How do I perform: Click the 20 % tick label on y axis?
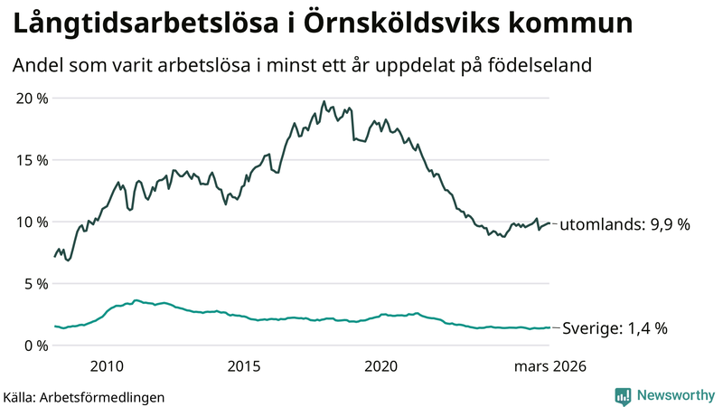tap(30, 98)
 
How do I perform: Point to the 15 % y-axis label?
tap(30, 160)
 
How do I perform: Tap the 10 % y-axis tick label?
tap(30, 222)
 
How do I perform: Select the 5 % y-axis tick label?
tap(33, 283)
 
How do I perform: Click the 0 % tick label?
tap(33, 345)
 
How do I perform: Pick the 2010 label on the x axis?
tap(107, 366)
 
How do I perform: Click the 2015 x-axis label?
tap(244, 366)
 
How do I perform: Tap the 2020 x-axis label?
tap(380, 366)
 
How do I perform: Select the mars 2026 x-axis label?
tap(550, 366)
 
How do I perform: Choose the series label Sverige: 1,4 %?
tap(615, 329)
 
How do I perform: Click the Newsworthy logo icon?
tap(623, 395)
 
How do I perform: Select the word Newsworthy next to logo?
tap(676, 395)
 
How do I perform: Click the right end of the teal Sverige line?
tap(549, 327)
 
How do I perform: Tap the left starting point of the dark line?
tap(55, 257)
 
